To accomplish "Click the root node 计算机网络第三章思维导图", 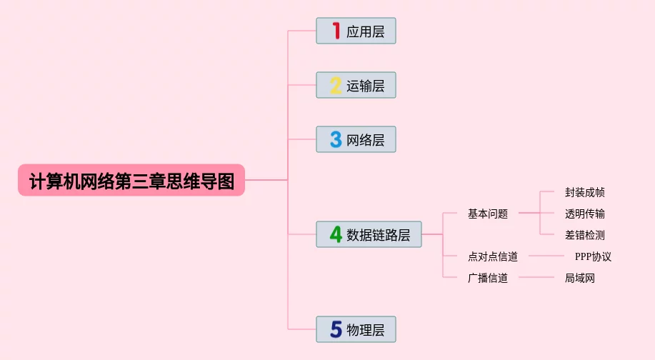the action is tap(131, 180).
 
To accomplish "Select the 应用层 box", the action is tap(356, 31).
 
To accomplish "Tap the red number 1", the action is tap(336, 31).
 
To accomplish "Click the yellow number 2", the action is tap(336, 86).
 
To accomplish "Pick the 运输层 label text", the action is tap(366, 86).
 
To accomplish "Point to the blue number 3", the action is tap(336, 139).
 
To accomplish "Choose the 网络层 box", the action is tap(356, 139).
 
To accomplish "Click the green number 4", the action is tap(336, 234).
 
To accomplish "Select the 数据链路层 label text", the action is tap(379, 235).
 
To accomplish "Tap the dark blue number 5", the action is tap(336, 329).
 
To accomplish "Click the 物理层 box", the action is tap(356, 329).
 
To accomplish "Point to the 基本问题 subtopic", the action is tap(488, 214).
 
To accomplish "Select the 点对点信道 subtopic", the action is tap(493, 256).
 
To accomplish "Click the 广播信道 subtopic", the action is tap(488, 278).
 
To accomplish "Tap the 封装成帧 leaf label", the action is tap(585, 192).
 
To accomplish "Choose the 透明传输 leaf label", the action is tap(585, 214).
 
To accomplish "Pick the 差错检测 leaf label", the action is tap(585, 235).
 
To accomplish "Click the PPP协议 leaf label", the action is tap(593, 256).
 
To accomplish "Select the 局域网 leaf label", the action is tap(580, 278).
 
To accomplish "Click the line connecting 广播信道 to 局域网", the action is tap(536, 277).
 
